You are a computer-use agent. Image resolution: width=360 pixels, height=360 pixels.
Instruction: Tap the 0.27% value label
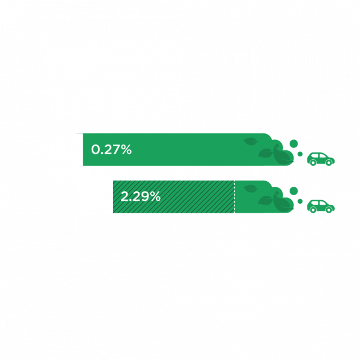coord(111,150)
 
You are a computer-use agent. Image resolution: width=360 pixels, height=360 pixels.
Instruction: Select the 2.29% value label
coord(141,197)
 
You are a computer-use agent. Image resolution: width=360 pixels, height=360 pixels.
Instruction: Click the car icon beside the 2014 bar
coord(321,159)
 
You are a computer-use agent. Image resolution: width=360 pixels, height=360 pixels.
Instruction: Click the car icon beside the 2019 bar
coord(321,205)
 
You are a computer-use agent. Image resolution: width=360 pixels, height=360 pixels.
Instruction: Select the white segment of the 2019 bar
coord(94,197)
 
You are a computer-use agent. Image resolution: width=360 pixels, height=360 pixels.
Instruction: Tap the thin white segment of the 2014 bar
coord(80,150)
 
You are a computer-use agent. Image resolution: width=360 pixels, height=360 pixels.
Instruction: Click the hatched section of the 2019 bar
coord(197,197)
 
